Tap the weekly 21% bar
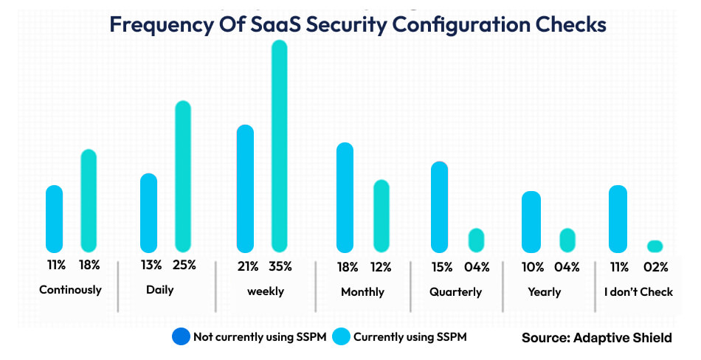tap(245, 189)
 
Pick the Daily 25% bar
tap(183, 177)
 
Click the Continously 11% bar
tap(55, 219)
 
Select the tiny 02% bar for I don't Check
tap(655, 246)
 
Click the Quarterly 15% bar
tap(439, 207)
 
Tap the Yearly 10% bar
tap(531, 222)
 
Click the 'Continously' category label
tap(70, 290)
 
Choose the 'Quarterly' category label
tap(455, 292)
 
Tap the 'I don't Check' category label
tap(638, 291)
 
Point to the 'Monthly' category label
tap(362, 292)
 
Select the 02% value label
tap(655, 266)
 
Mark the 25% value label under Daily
tap(184, 266)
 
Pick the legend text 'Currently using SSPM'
tap(410, 337)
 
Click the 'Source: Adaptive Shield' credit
tap(596, 337)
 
